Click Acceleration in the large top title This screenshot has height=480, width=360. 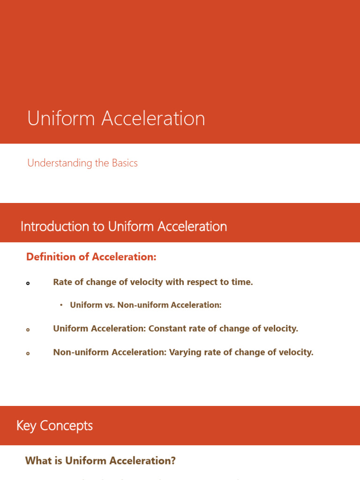pyautogui.click(x=153, y=119)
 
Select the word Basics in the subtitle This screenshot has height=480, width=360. pyautogui.click(x=125, y=163)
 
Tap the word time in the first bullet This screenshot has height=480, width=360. pyautogui.click(x=241, y=282)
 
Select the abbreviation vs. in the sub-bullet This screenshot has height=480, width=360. pyautogui.click(x=109, y=305)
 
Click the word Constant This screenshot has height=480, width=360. pyautogui.click(x=167, y=329)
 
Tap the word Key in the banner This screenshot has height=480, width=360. pyautogui.click(x=26, y=426)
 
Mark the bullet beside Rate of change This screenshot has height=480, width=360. pyautogui.click(x=28, y=283)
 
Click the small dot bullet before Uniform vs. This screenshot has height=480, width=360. pyautogui.click(x=61, y=305)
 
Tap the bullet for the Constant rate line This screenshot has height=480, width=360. pyautogui.click(x=28, y=330)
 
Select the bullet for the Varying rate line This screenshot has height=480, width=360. pyautogui.click(x=28, y=353)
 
